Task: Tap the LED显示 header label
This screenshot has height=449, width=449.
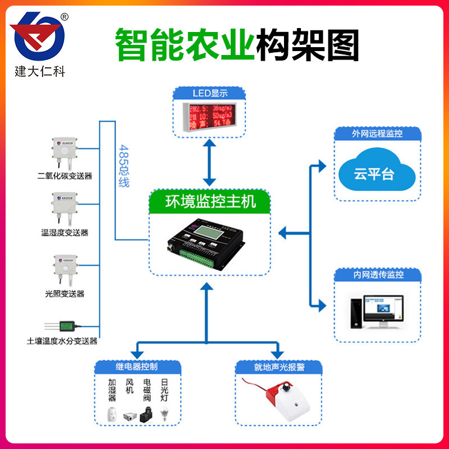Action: click(209, 93)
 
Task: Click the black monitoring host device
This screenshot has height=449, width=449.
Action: click(209, 240)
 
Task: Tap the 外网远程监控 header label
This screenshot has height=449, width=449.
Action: click(377, 135)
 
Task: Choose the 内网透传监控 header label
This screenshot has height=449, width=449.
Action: click(377, 275)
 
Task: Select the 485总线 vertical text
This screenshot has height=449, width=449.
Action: click(124, 166)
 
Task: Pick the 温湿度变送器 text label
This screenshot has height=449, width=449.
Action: click(65, 232)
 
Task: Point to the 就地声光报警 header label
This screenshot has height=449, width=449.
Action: click(279, 368)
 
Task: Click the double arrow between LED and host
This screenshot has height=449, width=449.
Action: click(209, 163)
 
